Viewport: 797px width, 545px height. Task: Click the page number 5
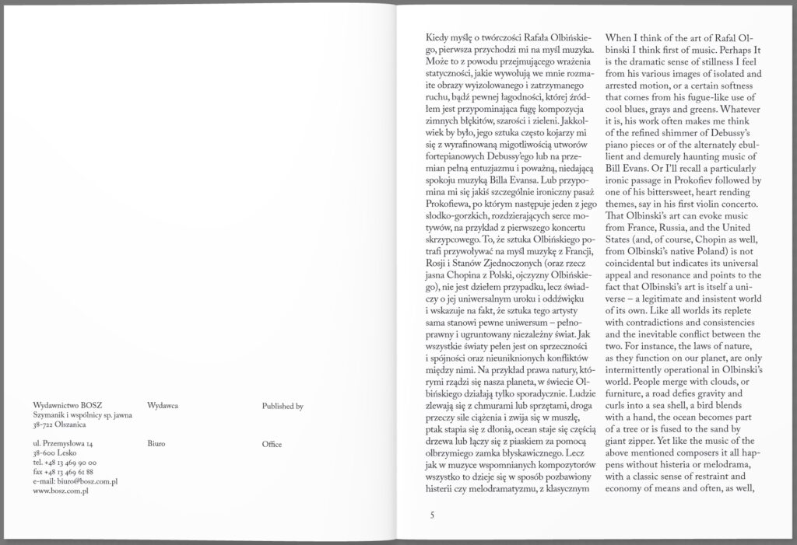(432, 514)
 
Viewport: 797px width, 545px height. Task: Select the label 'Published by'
(283, 406)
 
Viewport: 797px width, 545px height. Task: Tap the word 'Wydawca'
(163, 406)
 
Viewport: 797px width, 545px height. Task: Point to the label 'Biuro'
(156, 443)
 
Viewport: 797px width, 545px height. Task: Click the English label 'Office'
(272, 443)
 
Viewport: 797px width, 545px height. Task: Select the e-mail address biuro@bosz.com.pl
(76, 481)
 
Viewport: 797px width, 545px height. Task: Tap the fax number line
(64, 472)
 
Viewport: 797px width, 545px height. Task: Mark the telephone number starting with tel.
(64, 463)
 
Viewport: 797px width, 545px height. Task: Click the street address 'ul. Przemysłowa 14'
(64, 443)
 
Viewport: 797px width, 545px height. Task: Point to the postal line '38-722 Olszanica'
(60, 425)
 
